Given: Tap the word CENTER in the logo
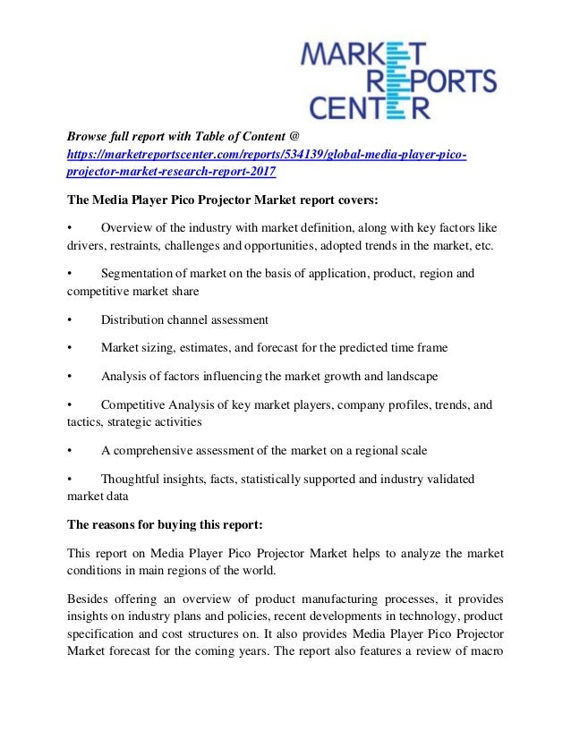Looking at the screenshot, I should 368,107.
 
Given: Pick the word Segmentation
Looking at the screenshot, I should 141,274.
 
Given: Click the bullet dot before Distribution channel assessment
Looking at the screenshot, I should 70,319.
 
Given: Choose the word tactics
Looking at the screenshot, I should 83,421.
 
